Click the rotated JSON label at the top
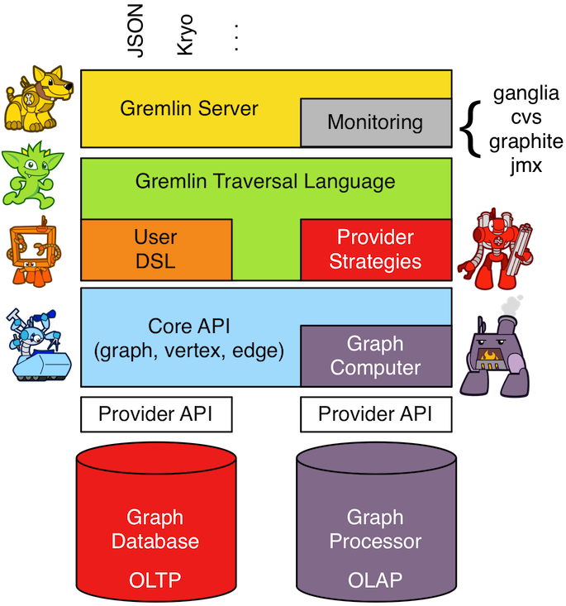[x=135, y=30]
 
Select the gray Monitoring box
[x=374, y=122]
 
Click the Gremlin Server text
[x=188, y=108]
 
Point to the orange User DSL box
[x=155, y=249]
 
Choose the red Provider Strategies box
[x=375, y=249]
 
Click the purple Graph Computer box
[x=375, y=355]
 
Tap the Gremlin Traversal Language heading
[x=265, y=179]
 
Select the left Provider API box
[x=155, y=413]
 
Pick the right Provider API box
[x=375, y=413]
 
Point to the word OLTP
[x=155, y=580]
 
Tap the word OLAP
[x=375, y=580]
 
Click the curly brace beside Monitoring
[x=473, y=128]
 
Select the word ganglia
[x=526, y=93]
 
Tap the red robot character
[x=490, y=244]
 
